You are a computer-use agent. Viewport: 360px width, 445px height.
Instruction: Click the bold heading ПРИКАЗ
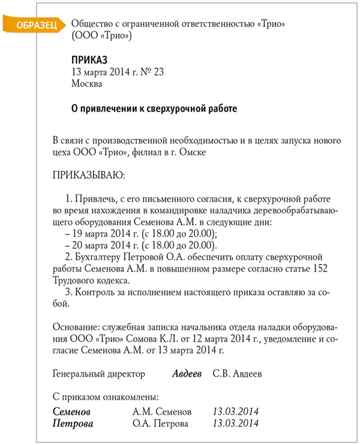89,60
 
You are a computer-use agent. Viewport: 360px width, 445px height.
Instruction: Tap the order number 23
158,72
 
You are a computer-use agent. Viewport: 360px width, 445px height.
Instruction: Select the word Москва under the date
86,84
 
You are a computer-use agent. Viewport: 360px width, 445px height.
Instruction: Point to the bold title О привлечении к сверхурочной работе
154,109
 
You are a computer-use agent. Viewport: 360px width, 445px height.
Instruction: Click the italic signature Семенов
72,412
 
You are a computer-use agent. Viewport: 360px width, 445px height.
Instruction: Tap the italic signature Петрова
73,423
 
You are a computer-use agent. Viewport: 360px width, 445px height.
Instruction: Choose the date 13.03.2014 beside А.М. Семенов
235,412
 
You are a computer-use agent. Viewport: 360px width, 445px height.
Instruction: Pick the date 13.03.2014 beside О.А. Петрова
235,423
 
